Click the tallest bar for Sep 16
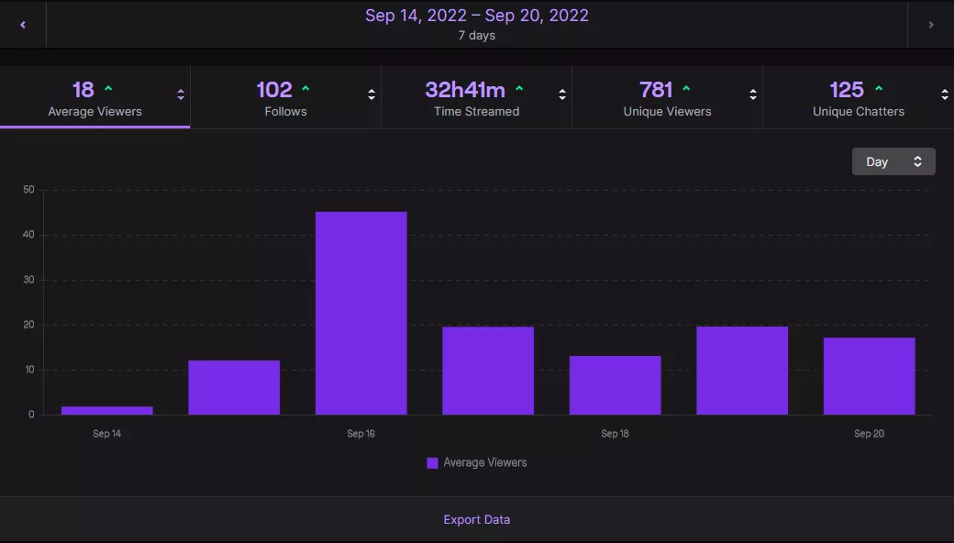(361, 313)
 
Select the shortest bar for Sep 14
(107, 410)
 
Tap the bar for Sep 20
(869, 376)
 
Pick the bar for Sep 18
(615, 385)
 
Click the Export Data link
(476, 519)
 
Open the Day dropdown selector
(893, 161)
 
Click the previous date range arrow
(23, 25)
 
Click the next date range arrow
(931, 25)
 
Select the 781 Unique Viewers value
(656, 90)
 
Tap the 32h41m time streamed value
(465, 90)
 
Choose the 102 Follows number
(274, 90)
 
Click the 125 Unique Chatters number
(847, 90)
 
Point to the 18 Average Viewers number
(83, 90)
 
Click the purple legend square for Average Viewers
(432, 463)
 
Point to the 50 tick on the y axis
(28, 190)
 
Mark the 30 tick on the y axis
(28, 280)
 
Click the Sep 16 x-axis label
(361, 434)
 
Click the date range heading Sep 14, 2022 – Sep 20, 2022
(476, 16)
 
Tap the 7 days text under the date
(476, 36)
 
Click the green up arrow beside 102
(305, 89)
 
